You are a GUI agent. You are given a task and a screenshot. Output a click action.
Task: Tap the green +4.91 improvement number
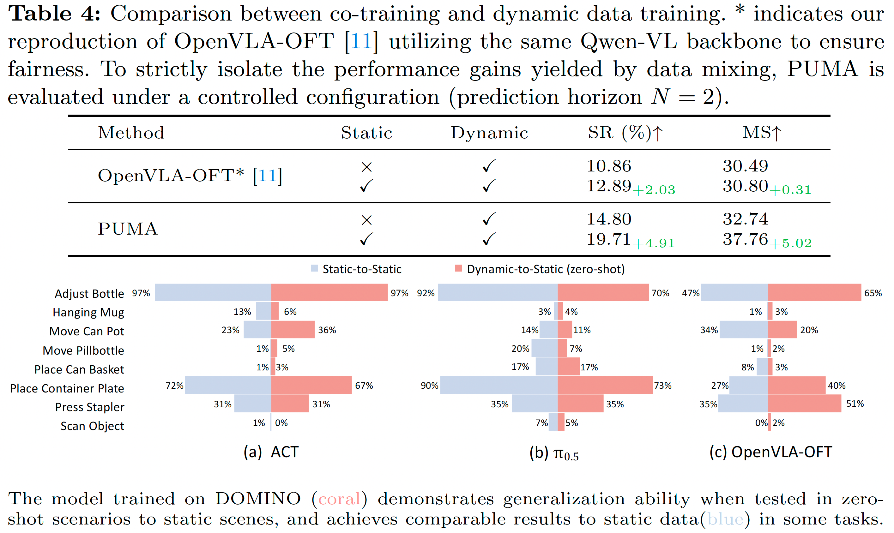(654, 243)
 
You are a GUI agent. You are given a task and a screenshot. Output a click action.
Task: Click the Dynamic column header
(489, 133)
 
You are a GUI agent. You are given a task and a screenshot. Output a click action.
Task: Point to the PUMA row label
(128, 229)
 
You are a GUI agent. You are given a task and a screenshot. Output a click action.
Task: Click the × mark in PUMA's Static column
(366, 220)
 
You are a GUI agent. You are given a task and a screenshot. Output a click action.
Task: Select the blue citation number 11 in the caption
(361, 41)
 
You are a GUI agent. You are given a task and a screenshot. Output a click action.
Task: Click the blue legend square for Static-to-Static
(314, 268)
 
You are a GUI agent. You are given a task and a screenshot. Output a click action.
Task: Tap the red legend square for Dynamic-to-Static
(458, 268)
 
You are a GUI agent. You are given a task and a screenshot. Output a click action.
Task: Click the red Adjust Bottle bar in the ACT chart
(329, 292)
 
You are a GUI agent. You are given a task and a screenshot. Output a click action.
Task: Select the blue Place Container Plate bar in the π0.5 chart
(499, 385)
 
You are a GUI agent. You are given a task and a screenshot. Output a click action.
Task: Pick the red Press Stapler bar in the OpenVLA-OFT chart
(805, 403)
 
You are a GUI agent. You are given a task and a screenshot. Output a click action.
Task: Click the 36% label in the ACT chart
(327, 330)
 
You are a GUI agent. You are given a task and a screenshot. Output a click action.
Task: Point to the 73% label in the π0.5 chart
(662, 386)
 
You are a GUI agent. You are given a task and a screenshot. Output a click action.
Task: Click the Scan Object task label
(92, 426)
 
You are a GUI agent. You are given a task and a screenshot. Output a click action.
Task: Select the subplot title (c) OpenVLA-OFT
(770, 452)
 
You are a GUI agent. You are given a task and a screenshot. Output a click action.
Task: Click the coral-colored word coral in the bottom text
(339, 499)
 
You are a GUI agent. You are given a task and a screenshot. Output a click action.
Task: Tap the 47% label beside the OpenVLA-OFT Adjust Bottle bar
(690, 293)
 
